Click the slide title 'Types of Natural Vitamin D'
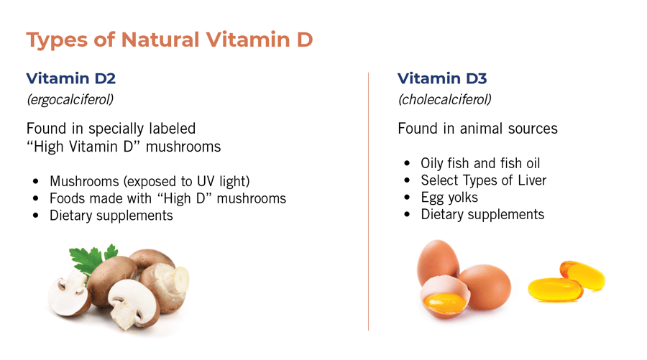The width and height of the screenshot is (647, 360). pyautogui.click(x=170, y=40)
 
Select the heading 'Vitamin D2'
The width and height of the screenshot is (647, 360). pyautogui.click(x=70, y=78)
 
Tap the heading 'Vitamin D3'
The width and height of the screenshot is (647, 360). pyautogui.click(x=442, y=78)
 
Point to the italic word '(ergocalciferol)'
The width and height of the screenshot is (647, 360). pyautogui.click(x=70, y=99)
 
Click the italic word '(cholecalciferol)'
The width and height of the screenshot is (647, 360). pyautogui.click(x=444, y=99)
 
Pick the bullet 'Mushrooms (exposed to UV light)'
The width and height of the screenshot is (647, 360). pyautogui.click(x=150, y=180)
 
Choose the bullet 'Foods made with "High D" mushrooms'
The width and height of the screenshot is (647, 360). pyautogui.click(x=168, y=198)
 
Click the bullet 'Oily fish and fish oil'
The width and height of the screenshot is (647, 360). pyautogui.click(x=480, y=163)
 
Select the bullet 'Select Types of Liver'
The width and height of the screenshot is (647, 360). pyautogui.click(x=483, y=180)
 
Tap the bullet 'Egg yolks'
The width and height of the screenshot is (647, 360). pyautogui.click(x=449, y=198)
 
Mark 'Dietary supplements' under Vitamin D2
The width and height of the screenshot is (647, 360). pyautogui.click(x=111, y=215)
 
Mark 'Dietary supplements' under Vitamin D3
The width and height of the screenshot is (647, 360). pyautogui.click(x=482, y=215)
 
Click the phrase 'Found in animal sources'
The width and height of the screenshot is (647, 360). pyautogui.click(x=477, y=129)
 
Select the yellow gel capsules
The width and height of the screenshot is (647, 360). pyautogui.click(x=566, y=282)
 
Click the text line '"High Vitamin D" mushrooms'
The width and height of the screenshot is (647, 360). pyautogui.click(x=124, y=147)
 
